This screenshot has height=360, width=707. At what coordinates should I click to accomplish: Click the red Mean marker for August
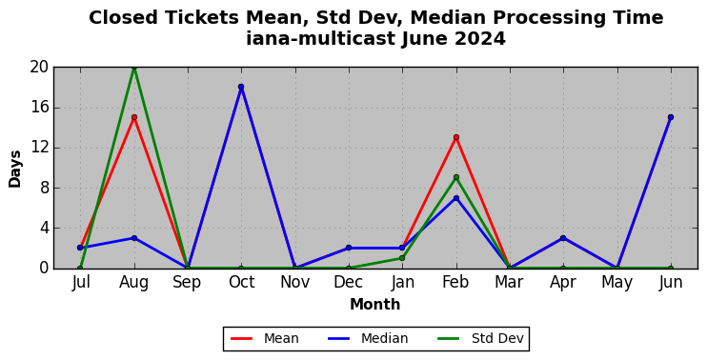click(x=134, y=117)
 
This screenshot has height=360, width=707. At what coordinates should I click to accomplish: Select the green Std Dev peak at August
click(x=134, y=68)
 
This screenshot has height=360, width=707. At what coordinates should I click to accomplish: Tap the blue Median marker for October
click(x=241, y=87)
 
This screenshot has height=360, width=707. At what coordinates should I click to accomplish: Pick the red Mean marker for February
click(x=456, y=137)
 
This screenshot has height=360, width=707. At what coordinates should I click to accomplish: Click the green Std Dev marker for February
click(x=456, y=177)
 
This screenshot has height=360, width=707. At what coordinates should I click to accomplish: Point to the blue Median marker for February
click(x=456, y=198)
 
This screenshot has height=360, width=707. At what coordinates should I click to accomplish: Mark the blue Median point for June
click(x=671, y=117)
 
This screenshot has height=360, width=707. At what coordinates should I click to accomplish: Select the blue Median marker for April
click(x=563, y=238)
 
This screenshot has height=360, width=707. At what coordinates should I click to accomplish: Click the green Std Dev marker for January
click(x=402, y=258)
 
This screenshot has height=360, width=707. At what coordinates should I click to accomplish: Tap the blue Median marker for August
click(x=134, y=238)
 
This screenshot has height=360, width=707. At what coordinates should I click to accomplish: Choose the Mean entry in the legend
click(x=264, y=338)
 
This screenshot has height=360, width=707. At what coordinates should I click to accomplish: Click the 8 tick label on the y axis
click(x=44, y=188)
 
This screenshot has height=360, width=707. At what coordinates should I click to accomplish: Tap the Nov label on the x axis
click(x=294, y=283)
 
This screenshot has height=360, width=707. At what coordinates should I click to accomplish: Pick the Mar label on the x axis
click(x=510, y=283)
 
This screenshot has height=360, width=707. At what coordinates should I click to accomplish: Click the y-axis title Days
click(x=15, y=169)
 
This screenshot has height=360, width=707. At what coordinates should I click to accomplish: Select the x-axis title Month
click(x=375, y=305)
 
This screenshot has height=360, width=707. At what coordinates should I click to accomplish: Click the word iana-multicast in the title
click(x=321, y=39)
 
